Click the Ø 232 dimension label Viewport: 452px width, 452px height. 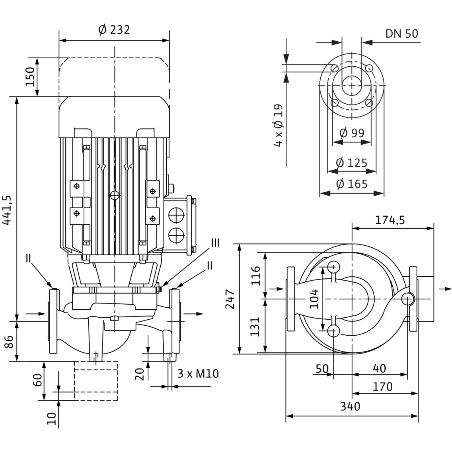pyautogui.click(x=114, y=30)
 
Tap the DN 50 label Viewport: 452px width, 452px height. pyautogui.click(x=402, y=33)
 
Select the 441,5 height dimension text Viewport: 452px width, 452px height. pyautogui.click(x=7, y=210)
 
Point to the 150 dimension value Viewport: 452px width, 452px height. pyautogui.click(x=30, y=77)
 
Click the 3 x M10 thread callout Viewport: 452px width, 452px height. pyautogui.click(x=198, y=374)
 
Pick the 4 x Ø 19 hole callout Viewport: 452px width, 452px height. pyautogui.click(x=279, y=125)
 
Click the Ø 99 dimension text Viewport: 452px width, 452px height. pyautogui.click(x=352, y=132)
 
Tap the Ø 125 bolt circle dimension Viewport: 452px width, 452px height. pyautogui.click(x=352, y=163)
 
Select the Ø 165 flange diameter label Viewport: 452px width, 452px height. pyautogui.click(x=352, y=184)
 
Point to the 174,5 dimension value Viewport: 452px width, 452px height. pyautogui.click(x=390, y=220)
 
